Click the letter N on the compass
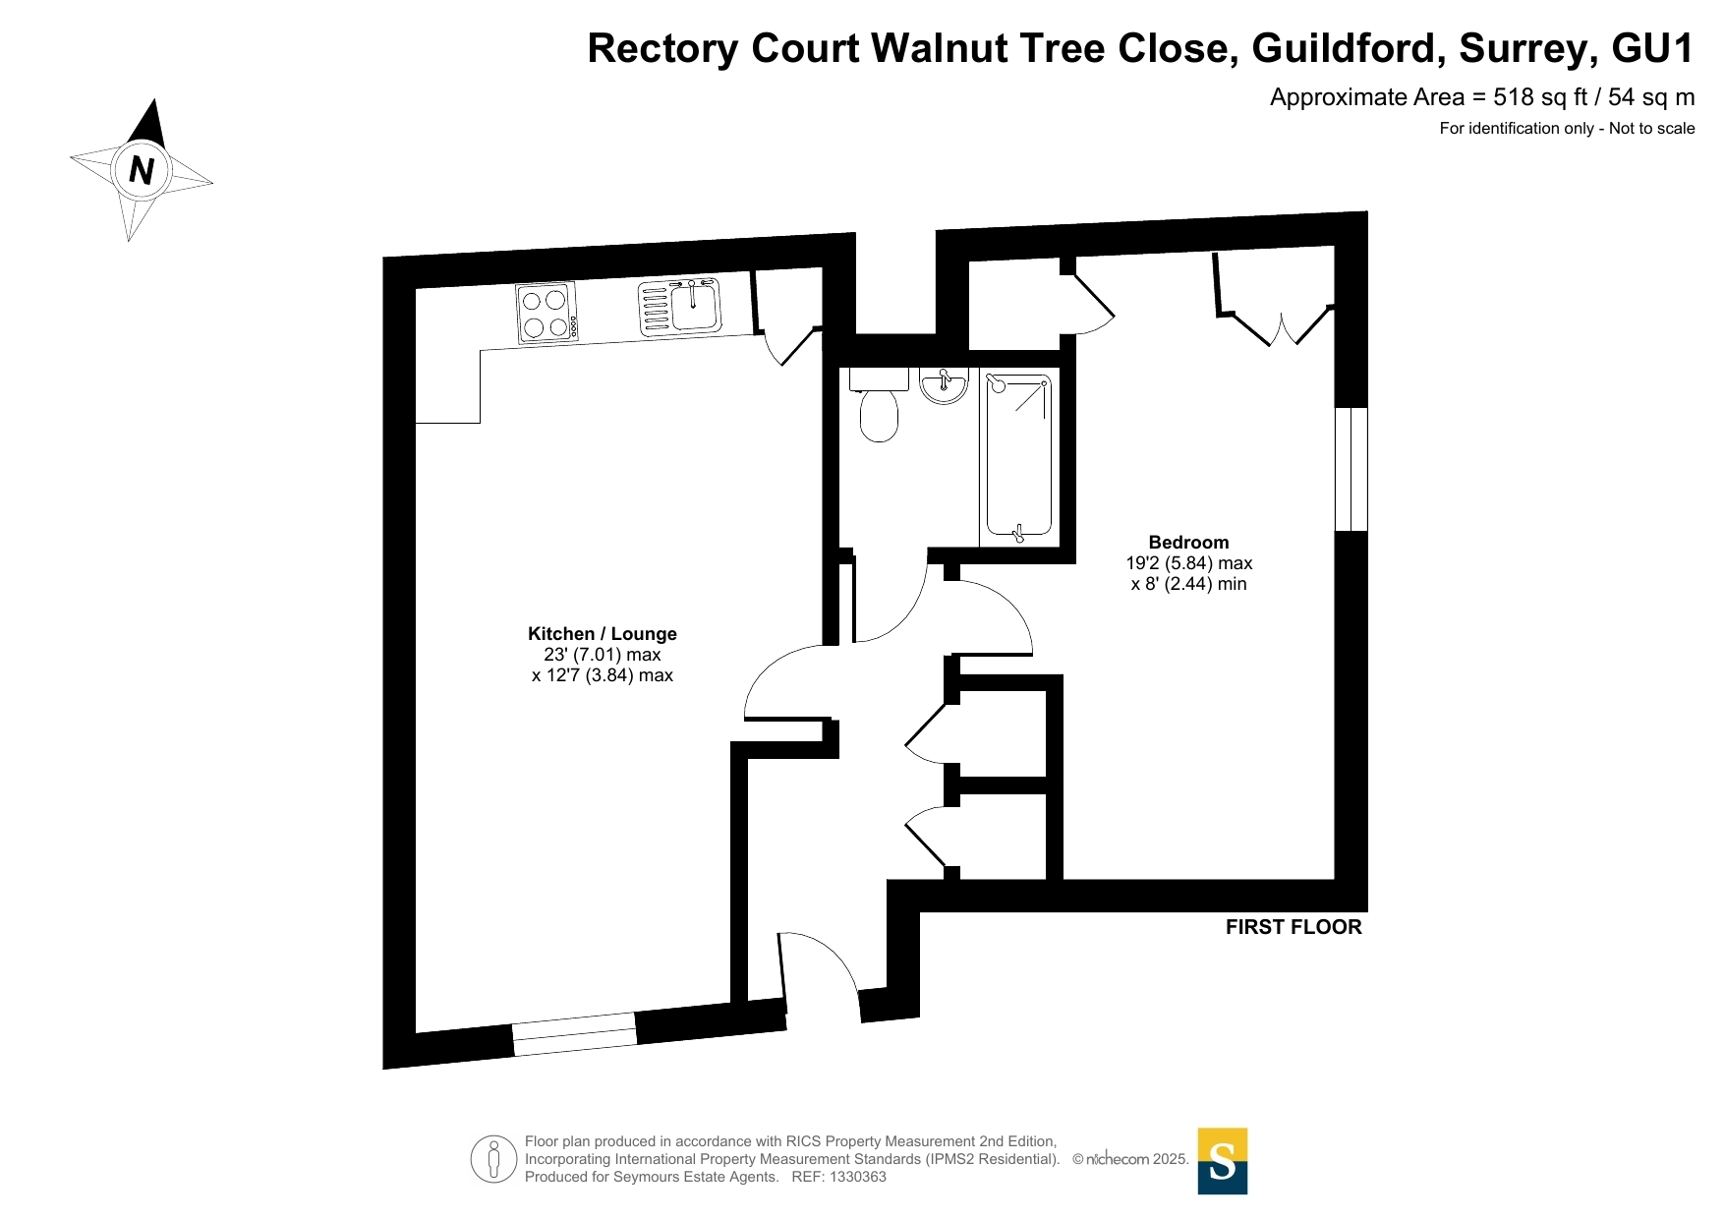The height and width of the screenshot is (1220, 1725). pyautogui.click(x=142, y=170)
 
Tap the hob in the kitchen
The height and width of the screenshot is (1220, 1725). pyautogui.click(x=546, y=314)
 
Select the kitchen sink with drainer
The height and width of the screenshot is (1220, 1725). pyautogui.click(x=680, y=307)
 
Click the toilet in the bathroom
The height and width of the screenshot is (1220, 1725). pyautogui.click(x=879, y=405)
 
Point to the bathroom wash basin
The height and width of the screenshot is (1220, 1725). pyautogui.click(x=945, y=385)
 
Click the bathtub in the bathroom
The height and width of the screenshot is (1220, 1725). pyautogui.click(x=1019, y=457)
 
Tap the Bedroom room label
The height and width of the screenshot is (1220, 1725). pyautogui.click(x=1188, y=543)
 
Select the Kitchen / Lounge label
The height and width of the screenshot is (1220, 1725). pyautogui.click(x=603, y=634)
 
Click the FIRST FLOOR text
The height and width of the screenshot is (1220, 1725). pyautogui.click(x=1294, y=927)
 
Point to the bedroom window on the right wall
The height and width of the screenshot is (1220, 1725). pyautogui.click(x=1351, y=469)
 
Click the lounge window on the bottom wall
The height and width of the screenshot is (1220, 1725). pyautogui.click(x=575, y=1034)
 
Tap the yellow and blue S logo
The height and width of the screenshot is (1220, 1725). pyautogui.click(x=1223, y=1161)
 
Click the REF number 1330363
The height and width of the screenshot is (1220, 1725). pyautogui.click(x=858, y=1177)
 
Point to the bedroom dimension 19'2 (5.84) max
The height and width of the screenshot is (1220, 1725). pyautogui.click(x=1189, y=563)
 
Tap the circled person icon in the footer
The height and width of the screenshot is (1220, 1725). pyautogui.click(x=493, y=1159)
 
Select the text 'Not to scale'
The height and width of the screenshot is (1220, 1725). pyautogui.click(x=1651, y=128)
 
